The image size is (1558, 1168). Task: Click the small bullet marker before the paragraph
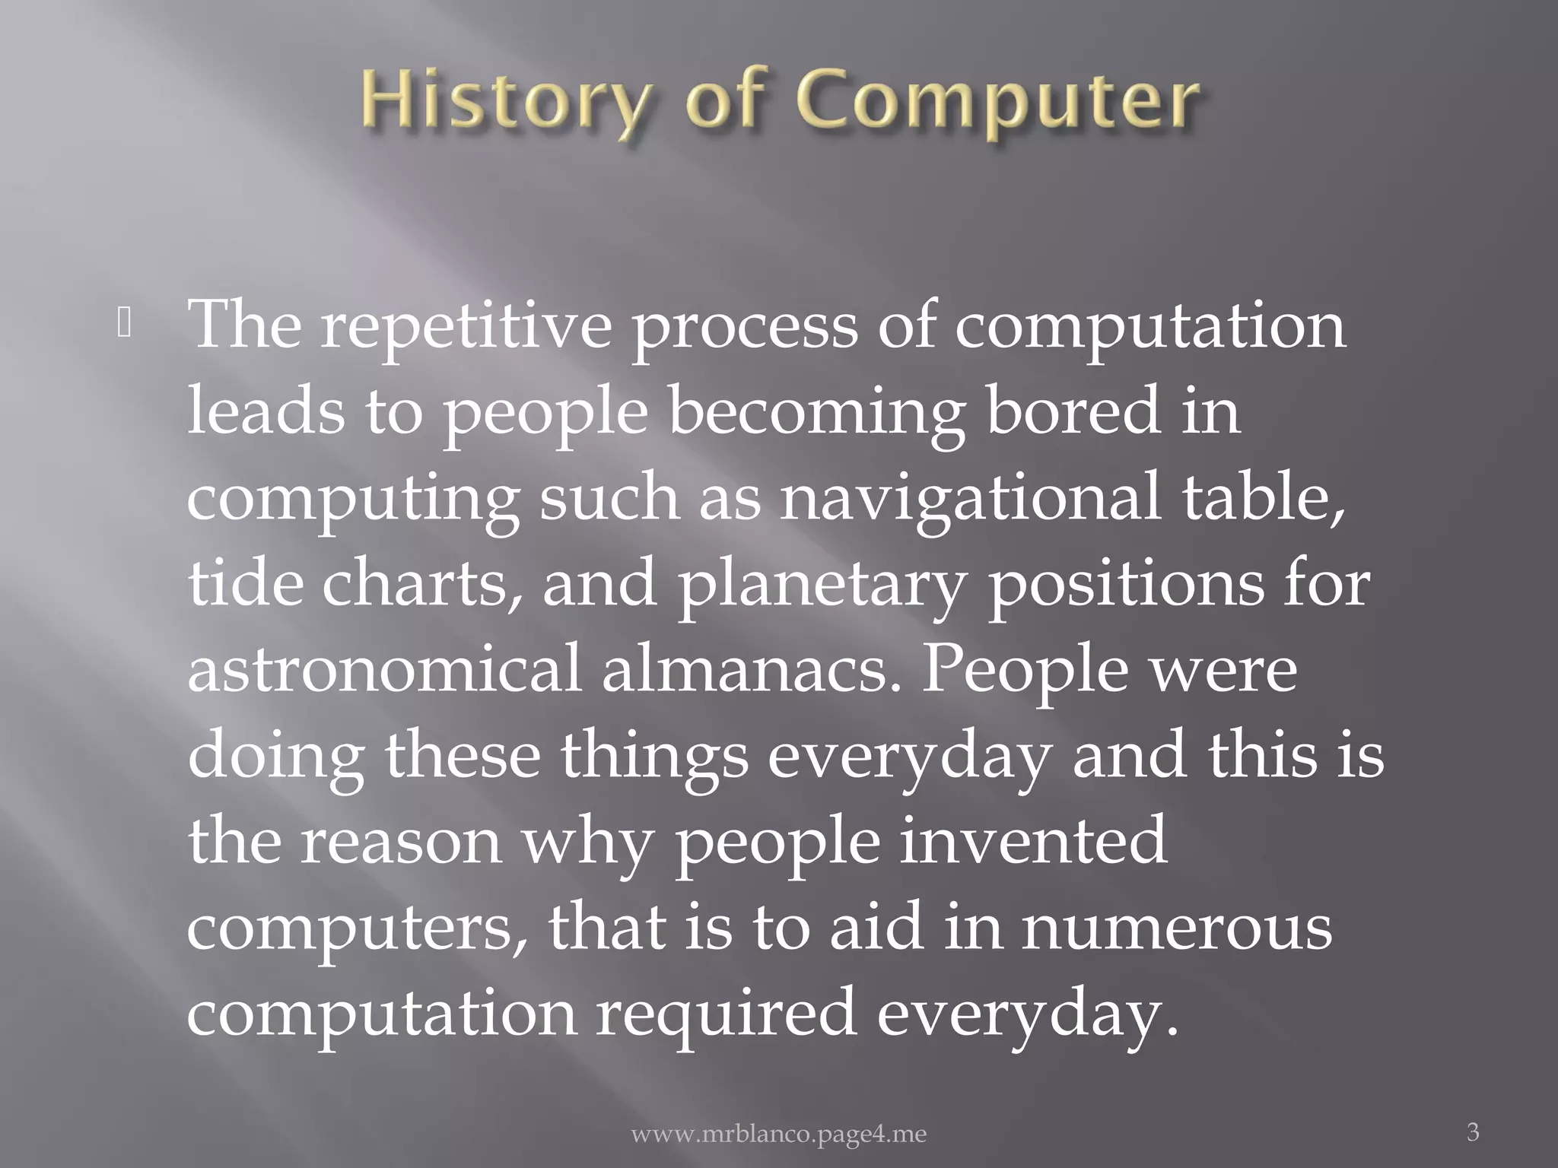tap(125, 325)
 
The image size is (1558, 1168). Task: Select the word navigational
tap(970, 500)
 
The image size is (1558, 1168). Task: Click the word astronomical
tap(384, 671)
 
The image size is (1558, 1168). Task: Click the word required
tap(726, 1015)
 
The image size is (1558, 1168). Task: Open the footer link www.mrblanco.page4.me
tap(779, 1135)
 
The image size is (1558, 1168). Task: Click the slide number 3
tap(1473, 1131)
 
